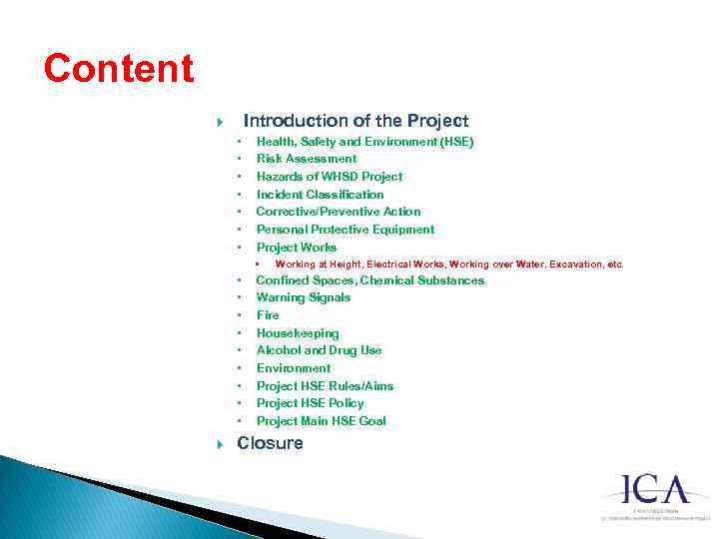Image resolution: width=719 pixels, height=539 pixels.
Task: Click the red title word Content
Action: pyautogui.click(x=118, y=69)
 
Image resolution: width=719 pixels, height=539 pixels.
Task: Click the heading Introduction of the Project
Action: pyautogui.click(x=356, y=121)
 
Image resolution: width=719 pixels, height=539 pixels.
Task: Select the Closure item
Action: pyautogui.click(x=270, y=443)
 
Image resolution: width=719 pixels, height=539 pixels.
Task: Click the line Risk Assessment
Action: pyautogui.click(x=306, y=159)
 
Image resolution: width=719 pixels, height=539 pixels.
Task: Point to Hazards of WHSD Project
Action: pyautogui.click(x=330, y=177)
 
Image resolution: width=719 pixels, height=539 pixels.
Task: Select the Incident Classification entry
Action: pyautogui.click(x=320, y=195)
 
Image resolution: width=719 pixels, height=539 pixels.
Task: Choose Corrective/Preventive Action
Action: pyautogui.click(x=339, y=212)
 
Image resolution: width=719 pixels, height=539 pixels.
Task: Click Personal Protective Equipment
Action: pyautogui.click(x=346, y=230)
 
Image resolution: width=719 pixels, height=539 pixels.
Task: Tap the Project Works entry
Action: pyautogui.click(x=297, y=248)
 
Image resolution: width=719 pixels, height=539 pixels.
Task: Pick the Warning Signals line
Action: pyautogui.click(x=304, y=297)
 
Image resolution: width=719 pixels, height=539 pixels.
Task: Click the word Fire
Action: pyautogui.click(x=268, y=315)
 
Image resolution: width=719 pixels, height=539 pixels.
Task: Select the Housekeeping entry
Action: pyautogui.click(x=298, y=333)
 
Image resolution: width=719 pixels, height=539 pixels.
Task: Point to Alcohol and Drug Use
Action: pyautogui.click(x=319, y=350)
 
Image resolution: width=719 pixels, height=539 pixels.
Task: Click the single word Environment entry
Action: pyautogui.click(x=294, y=368)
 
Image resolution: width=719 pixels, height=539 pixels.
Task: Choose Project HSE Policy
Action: pyautogui.click(x=310, y=403)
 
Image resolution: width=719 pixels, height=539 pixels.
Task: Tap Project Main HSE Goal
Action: pyautogui.click(x=321, y=421)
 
